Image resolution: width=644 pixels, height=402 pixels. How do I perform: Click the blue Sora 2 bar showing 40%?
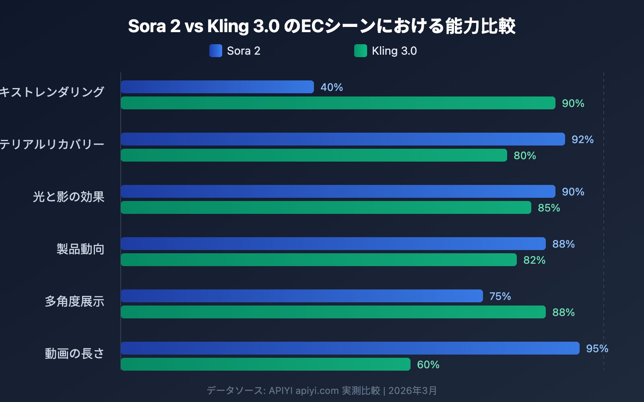click(x=217, y=87)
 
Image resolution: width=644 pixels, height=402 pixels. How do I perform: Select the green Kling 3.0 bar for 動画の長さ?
click(x=266, y=364)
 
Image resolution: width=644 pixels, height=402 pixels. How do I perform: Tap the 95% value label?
click(x=597, y=349)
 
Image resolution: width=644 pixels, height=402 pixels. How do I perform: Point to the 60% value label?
click(x=428, y=365)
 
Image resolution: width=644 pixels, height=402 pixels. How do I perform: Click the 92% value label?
click(x=582, y=139)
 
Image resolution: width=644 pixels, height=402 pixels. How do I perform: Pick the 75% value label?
click(x=500, y=296)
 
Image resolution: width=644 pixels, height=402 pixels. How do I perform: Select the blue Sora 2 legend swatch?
click(x=216, y=51)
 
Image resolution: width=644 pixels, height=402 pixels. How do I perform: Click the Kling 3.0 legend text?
click(x=394, y=51)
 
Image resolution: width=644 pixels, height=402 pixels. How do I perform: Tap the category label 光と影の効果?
click(x=68, y=197)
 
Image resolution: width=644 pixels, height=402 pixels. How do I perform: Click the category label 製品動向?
click(x=80, y=249)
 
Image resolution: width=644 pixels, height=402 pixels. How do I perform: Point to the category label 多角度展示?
click(x=74, y=301)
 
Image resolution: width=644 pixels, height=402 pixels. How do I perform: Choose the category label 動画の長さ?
click(x=74, y=353)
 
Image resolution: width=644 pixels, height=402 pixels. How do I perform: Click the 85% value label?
click(x=549, y=208)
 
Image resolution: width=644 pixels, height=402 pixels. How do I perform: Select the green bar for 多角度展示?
click(x=333, y=312)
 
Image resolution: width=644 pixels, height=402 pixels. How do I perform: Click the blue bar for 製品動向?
click(x=333, y=244)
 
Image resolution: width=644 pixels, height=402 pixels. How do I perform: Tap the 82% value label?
click(x=534, y=260)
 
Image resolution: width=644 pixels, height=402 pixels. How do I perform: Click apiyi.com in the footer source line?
click(x=317, y=390)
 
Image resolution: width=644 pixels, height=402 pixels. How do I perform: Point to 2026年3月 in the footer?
click(x=413, y=390)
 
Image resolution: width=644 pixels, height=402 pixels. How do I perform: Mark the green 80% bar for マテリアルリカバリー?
click(x=314, y=155)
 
